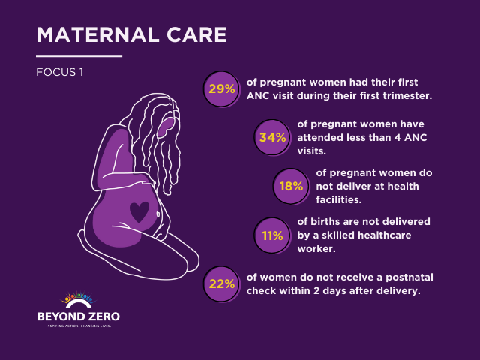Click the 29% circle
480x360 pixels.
(x=222, y=89)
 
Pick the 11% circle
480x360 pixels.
(x=272, y=235)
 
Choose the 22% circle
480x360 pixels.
(x=222, y=283)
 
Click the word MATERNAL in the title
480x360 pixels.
(x=99, y=35)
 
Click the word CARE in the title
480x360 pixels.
(x=196, y=35)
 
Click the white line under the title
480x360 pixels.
(x=79, y=56)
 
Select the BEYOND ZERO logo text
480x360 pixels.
(x=78, y=316)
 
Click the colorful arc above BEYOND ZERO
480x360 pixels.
(x=78, y=301)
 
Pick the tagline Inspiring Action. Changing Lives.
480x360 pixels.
(x=78, y=327)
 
